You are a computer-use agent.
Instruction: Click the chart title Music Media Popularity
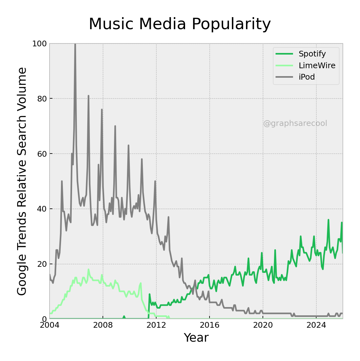[x=180, y=24]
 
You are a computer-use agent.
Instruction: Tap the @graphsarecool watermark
[x=295, y=123]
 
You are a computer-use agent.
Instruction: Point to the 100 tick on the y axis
[x=39, y=44]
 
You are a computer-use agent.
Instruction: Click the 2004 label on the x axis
[x=50, y=325]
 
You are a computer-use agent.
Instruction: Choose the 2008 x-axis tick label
[x=103, y=325]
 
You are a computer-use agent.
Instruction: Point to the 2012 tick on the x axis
[x=156, y=325]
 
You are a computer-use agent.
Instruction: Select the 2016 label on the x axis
[x=210, y=325]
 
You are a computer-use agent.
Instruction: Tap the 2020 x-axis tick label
[x=263, y=325]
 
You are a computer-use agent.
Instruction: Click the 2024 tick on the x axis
[x=316, y=325]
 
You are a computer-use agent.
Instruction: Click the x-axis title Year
[x=196, y=338]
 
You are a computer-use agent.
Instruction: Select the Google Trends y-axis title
[x=22, y=181]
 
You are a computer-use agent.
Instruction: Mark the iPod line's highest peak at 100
[x=75, y=44]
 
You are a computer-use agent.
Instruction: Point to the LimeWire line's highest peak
[x=89, y=270]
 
